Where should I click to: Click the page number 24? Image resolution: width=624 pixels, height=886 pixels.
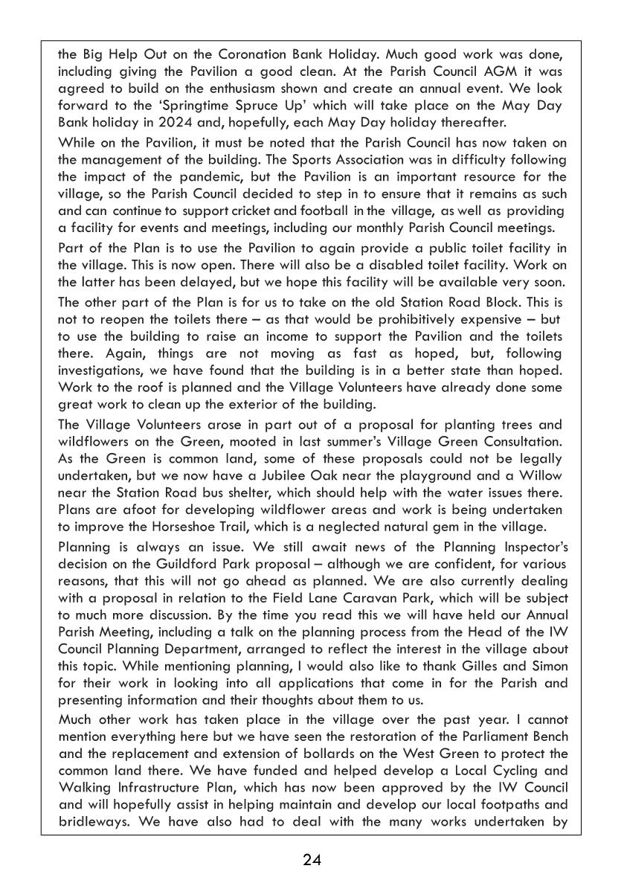click(312, 861)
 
